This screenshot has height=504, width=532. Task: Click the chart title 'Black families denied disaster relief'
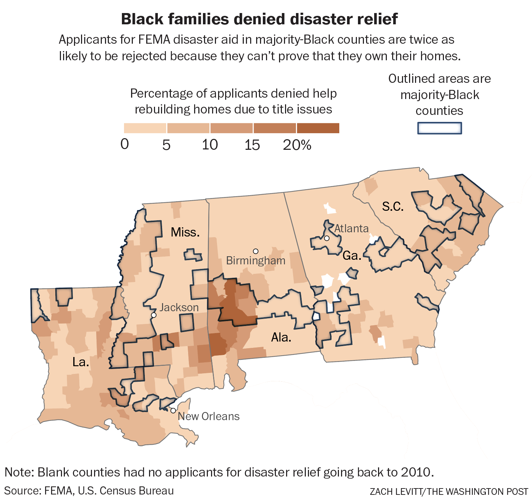click(x=259, y=19)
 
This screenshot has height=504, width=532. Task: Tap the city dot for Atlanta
click(x=327, y=238)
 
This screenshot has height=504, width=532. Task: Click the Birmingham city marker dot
click(x=256, y=251)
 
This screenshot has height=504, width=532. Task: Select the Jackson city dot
click(x=154, y=315)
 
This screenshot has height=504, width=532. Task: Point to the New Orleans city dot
click(x=173, y=411)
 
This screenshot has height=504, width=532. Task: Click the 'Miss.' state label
click(x=185, y=232)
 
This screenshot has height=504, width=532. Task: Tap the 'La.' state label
click(x=81, y=362)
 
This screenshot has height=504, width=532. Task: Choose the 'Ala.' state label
click(x=281, y=337)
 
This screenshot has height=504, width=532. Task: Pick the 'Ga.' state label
click(x=352, y=256)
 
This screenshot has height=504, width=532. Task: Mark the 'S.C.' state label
click(x=393, y=207)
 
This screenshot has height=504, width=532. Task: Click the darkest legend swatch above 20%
click(x=318, y=128)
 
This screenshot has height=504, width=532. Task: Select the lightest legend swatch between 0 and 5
click(x=145, y=128)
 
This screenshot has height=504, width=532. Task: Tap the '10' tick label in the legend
click(x=210, y=145)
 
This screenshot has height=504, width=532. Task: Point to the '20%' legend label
click(x=297, y=145)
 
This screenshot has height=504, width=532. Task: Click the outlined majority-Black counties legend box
click(x=439, y=128)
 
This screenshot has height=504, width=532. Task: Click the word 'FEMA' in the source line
click(x=59, y=491)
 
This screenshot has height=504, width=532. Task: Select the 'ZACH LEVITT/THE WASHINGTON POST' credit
click(x=449, y=492)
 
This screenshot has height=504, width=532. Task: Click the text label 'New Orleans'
click(x=209, y=416)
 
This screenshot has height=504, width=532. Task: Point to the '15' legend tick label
click(x=252, y=145)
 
